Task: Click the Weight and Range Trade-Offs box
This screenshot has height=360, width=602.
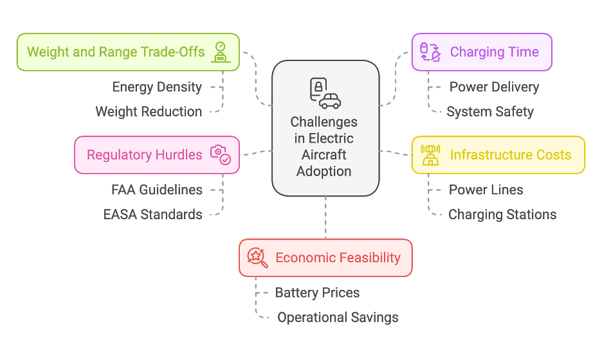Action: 127,52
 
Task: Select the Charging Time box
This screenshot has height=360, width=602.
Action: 481,52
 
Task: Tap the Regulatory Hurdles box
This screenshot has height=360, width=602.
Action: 156,155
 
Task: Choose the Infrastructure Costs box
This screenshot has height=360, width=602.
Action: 498,155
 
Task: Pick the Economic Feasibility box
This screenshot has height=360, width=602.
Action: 325,258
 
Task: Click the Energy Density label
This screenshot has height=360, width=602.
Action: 157,87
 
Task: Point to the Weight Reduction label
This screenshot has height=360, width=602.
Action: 149,111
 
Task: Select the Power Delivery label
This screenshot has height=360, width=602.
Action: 494,87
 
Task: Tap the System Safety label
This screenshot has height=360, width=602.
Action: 490,111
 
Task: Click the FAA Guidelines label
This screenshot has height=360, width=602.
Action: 157,190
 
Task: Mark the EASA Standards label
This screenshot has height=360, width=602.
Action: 153,214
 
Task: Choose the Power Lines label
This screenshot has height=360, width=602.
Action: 486,190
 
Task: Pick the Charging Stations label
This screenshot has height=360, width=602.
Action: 502,214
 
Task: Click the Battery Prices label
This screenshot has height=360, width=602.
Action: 317,292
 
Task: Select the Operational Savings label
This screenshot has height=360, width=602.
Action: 338,317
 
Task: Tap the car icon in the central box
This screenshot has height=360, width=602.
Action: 331,100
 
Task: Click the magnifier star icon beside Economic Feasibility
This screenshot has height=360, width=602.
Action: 257,257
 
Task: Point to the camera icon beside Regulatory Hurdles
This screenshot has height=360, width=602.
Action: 220,154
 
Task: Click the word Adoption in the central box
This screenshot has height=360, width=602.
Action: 324,171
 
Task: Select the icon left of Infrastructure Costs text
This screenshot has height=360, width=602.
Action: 430,155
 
